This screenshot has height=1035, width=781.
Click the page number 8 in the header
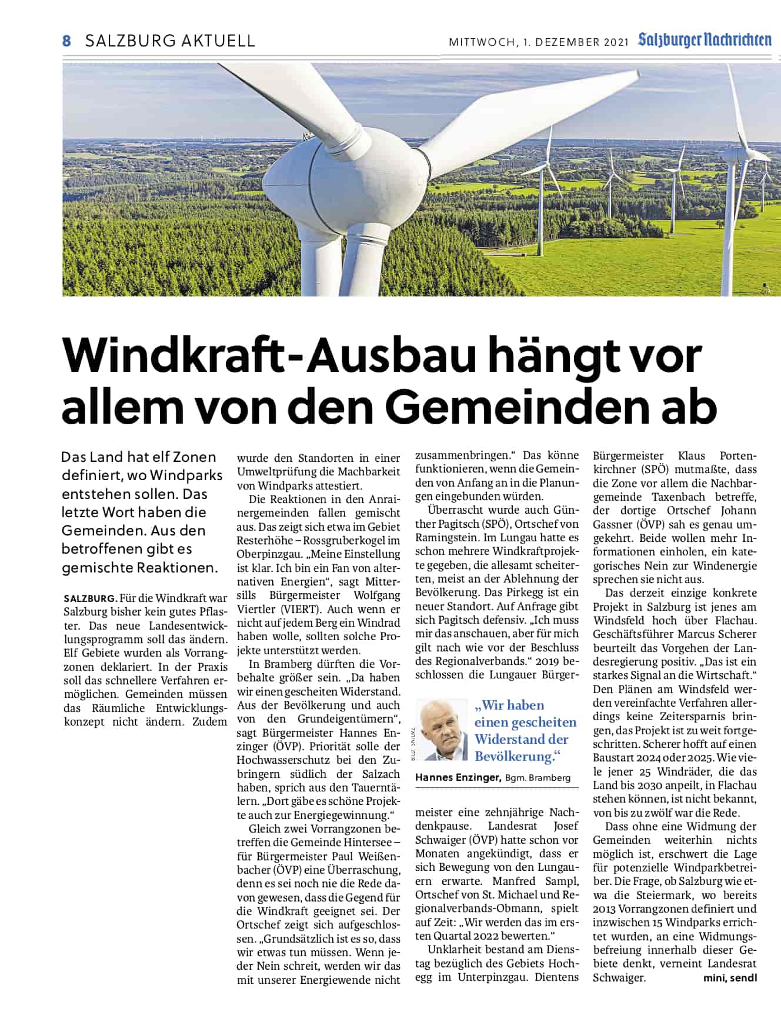pyautogui.click(x=66, y=41)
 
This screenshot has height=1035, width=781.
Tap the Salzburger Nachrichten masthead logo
pyautogui.click(x=705, y=40)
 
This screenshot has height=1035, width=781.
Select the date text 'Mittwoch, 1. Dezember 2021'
pyautogui.click(x=539, y=42)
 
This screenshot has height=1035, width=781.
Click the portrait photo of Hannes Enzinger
pyautogui.click(x=441, y=730)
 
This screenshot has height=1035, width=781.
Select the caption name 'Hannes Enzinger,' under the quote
pyautogui.click(x=458, y=777)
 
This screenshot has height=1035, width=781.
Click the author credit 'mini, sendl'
pyautogui.click(x=730, y=978)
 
